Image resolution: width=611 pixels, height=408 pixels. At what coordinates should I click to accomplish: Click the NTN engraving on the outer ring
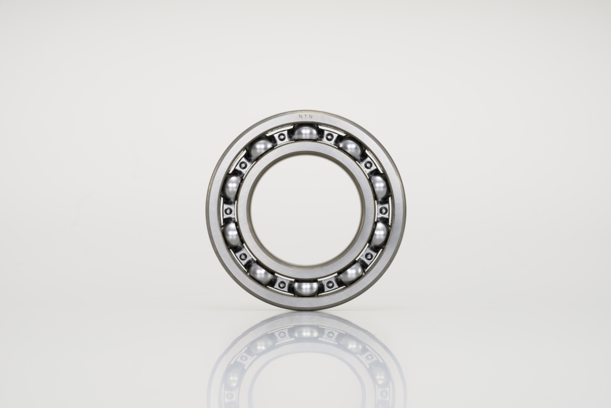coord(305,117)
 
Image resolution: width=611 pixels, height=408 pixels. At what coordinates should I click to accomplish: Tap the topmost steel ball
coord(306,132)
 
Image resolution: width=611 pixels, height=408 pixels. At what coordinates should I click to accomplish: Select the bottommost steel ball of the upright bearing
coord(306,289)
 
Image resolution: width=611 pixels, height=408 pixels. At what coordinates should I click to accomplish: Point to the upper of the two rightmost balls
coord(379,188)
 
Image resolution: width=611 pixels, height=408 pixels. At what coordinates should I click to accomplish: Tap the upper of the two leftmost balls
coord(232,188)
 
